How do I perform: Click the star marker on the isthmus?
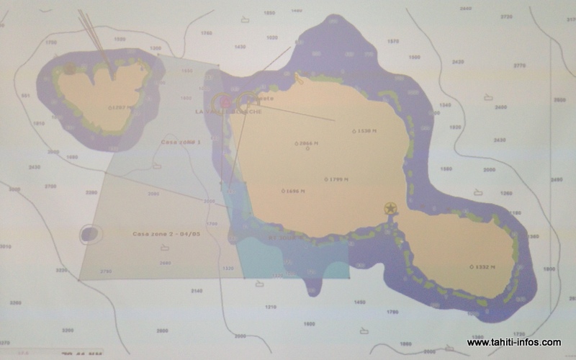pyautogui.click(x=390, y=209)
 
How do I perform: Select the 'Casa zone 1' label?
pyautogui.click(x=181, y=143)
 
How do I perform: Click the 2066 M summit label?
pyautogui.click(x=306, y=143)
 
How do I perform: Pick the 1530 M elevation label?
pyautogui.click(x=365, y=131)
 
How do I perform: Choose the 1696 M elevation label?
pyautogui.click(x=293, y=192)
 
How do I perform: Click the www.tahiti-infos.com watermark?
pyautogui.click(x=513, y=343)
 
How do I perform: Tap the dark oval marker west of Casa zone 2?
pyautogui.click(x=90, y=233)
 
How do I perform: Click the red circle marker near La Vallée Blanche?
pyautogui.click(x=224, y=102)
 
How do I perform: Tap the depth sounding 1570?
pyautogui.click(x=392, y=41)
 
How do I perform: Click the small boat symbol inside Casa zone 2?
pyautogui.click(x=166, y=248)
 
